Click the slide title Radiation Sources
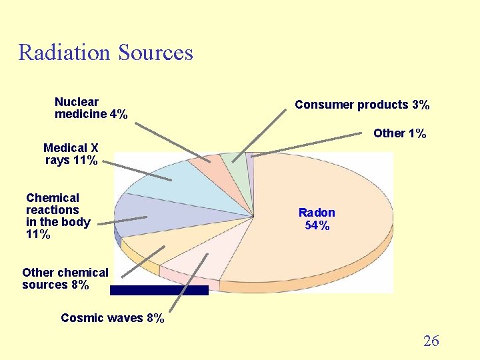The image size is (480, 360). (105, 52)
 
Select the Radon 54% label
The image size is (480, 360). (317, 219)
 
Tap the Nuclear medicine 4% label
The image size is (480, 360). (91, 108)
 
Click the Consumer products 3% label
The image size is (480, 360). (362, 105)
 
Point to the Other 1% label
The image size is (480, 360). (399, 133)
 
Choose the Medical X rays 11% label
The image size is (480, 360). (71, 154)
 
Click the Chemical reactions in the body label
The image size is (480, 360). (57, 216)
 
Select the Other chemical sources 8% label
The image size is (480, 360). (65, 279)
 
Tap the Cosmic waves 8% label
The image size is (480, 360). (112, 318)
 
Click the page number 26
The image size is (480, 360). (431, 341)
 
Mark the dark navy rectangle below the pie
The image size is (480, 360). (159, 290)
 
